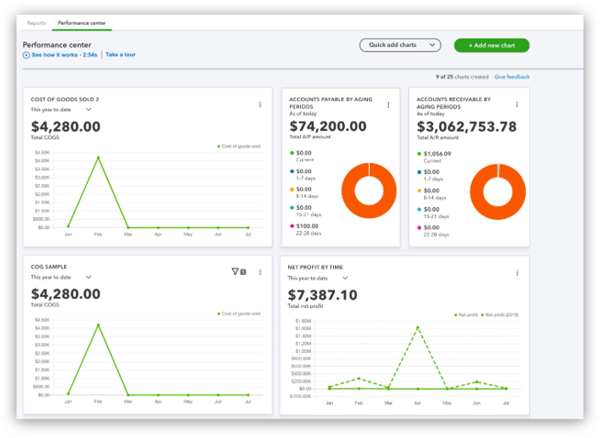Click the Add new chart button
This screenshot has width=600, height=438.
(491, 45)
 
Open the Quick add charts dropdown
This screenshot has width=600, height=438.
(400, 45)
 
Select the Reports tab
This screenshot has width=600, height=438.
(36, 21)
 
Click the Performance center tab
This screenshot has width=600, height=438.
(82, 21)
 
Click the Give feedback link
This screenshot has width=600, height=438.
(511, 77)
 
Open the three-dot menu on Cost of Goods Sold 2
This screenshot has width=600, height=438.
(260, 104)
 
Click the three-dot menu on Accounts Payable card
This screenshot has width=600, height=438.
(388, 104)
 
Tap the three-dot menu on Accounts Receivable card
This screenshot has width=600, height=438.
(517, 104)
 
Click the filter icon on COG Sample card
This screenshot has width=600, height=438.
(235, 271)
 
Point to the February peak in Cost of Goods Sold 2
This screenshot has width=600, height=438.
(98, 157)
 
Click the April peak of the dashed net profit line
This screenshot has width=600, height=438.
(418, 327)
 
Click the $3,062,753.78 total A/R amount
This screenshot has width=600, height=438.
(466, 127)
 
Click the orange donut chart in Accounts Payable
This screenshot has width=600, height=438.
(369, 191)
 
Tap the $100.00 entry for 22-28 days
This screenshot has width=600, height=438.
(308, 225)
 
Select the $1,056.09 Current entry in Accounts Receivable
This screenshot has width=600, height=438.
(438, 154)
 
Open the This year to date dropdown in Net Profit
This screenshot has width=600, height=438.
(317, 278)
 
